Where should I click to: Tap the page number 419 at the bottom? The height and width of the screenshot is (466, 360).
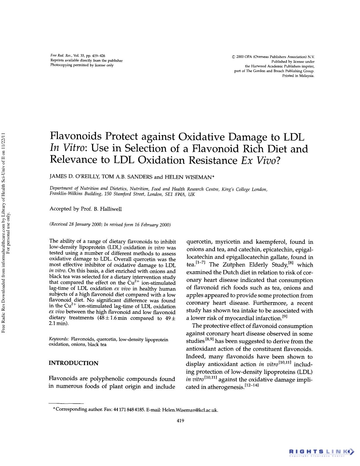pyautogui.click(x=180, y=421)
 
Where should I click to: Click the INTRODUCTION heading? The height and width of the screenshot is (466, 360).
pyautogui.click(x=73, y=363)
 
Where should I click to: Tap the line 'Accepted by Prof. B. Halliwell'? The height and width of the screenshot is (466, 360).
pyautogui.click(x=86, y=209)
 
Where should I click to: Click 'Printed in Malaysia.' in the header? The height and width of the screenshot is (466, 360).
pyautogui.click(x=298, y=76)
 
